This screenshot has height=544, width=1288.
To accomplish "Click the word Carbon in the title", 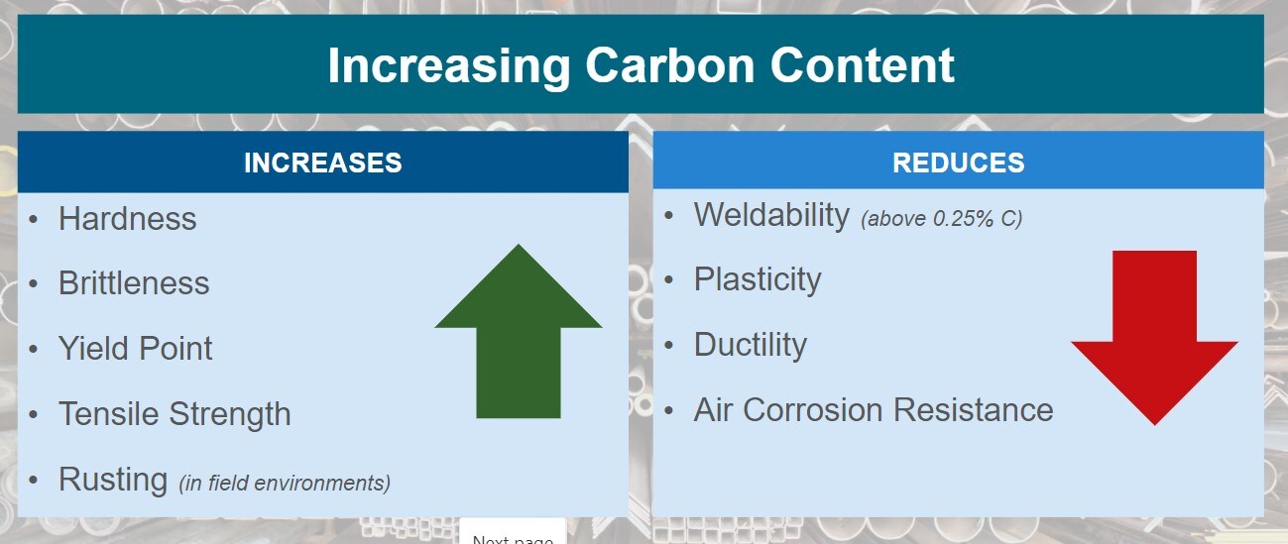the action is tap(669, 65).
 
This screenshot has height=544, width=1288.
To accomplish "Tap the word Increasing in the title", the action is tap(448, 67).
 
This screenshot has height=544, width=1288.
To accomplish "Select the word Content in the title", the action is tap(862, 65).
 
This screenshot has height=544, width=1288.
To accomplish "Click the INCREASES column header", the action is tap(322, 163).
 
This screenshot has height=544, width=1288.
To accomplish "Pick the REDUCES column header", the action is tap(958, 163).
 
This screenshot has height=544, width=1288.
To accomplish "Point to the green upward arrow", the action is tap(518, 332).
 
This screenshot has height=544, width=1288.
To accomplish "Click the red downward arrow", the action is tap(1154, 338).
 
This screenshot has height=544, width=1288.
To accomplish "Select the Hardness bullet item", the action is tap(127, 219).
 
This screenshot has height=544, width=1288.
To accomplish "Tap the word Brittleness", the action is tap(134, 283).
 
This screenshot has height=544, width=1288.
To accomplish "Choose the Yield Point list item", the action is tap(135, 349).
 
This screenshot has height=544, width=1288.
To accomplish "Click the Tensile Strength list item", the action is tap(175, 414).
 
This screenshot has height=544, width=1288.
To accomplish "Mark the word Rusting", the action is tap(113, 479).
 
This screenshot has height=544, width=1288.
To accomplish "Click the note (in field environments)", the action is tap(285, 484).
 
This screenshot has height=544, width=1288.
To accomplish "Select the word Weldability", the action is tap(771, 215).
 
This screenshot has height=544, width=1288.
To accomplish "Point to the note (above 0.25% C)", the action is tap(941, 218).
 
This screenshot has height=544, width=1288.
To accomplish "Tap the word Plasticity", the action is tap(758, 279).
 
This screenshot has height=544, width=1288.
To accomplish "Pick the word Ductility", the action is tap(751, 345).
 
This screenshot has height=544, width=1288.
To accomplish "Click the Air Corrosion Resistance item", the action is tap(874, 410).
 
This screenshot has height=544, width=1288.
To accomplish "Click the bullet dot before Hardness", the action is tap(34, 219).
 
